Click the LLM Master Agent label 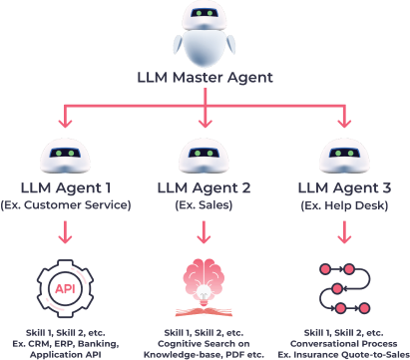[205, 76]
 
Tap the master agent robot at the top [205, 32]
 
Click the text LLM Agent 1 [66, 186]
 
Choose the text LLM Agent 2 [205, 186]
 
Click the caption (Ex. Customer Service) [66, 204]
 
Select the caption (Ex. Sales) [205, 204]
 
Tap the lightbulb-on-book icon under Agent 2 [205, 289]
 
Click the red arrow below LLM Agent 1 [66, 233]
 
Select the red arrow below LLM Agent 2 [205, 233]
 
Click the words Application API [66, 353]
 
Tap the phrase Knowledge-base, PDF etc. [205, 353]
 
